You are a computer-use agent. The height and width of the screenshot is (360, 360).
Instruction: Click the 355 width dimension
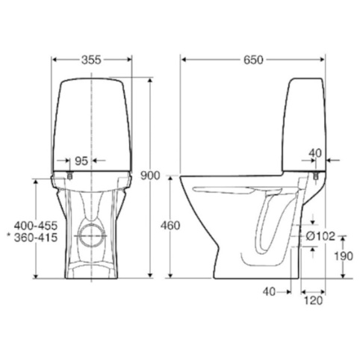91,60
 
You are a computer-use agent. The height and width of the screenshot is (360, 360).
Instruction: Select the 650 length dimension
253,60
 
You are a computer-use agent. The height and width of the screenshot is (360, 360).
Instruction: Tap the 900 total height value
150,176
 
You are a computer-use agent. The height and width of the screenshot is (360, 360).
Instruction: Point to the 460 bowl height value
170,226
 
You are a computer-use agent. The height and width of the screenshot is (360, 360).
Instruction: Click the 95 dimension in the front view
81,161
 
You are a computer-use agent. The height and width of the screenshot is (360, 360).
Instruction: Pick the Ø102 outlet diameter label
320,236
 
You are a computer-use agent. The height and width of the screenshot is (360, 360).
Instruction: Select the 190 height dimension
344,256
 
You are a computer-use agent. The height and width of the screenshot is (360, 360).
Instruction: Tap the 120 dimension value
313,300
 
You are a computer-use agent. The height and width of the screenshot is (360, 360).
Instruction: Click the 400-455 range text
36,226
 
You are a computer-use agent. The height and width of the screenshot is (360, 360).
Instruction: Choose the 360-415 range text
36,238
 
